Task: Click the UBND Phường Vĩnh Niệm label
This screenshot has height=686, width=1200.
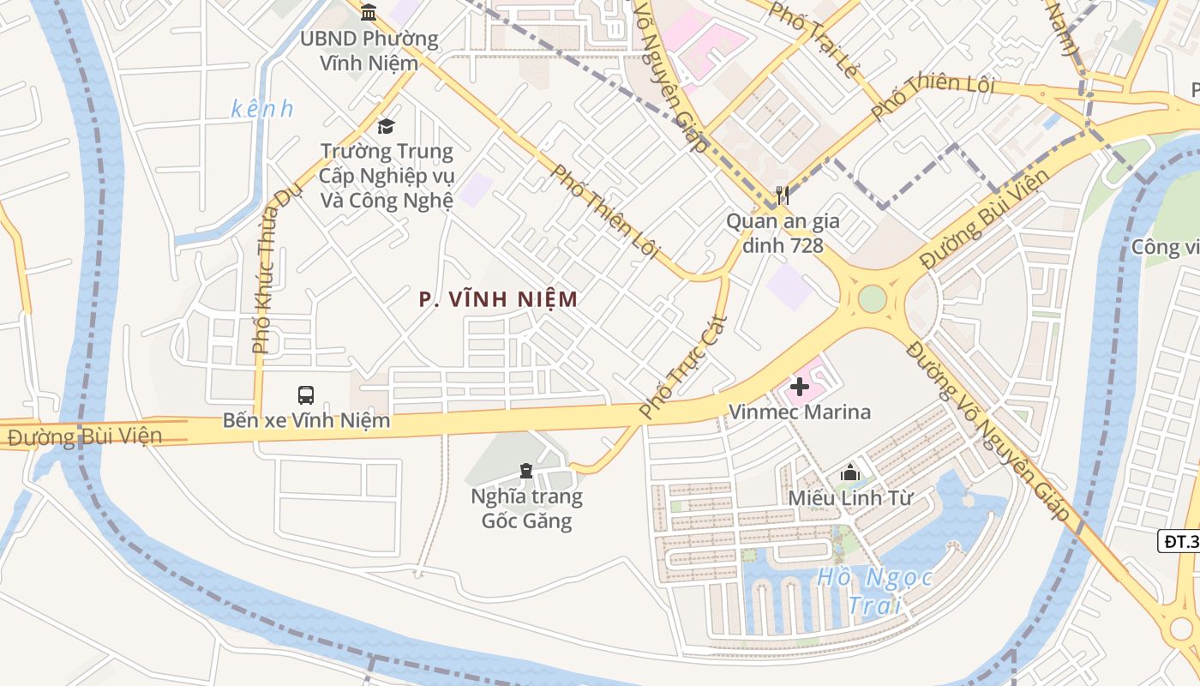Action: (x=369, y=51)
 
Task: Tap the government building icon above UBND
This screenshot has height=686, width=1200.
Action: (x=369, y=12)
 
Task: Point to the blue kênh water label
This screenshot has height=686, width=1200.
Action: (x=262, y=109)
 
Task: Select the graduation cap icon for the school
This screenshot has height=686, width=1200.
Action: (x=386, y=127)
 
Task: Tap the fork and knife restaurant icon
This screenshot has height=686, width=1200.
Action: (x=782, y=196)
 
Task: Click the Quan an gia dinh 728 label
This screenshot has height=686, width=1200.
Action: (x=783, y=233)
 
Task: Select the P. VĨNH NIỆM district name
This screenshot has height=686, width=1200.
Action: (x=498, y=299)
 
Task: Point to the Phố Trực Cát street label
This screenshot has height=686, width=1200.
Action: (x=684, y=367)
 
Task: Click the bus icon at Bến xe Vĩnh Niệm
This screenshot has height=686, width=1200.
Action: (x=306, y=394)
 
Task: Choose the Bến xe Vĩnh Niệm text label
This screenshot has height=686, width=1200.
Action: (x=306, y=420)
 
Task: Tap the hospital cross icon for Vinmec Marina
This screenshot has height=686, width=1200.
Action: (x=799, y=387)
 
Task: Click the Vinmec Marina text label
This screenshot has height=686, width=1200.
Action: (x=799, y=412)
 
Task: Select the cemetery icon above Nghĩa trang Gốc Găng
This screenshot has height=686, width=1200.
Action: (x=525, y=471)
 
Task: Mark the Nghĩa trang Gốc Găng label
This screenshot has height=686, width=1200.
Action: (x=525, y=508)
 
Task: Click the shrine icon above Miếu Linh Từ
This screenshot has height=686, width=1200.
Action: (x=849, y=472)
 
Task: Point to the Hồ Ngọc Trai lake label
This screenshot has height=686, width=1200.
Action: (x=874, y=591)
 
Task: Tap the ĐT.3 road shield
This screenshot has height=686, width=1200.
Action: (x=1180, y=541)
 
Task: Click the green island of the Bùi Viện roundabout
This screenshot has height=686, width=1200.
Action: (x=872, y=299)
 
